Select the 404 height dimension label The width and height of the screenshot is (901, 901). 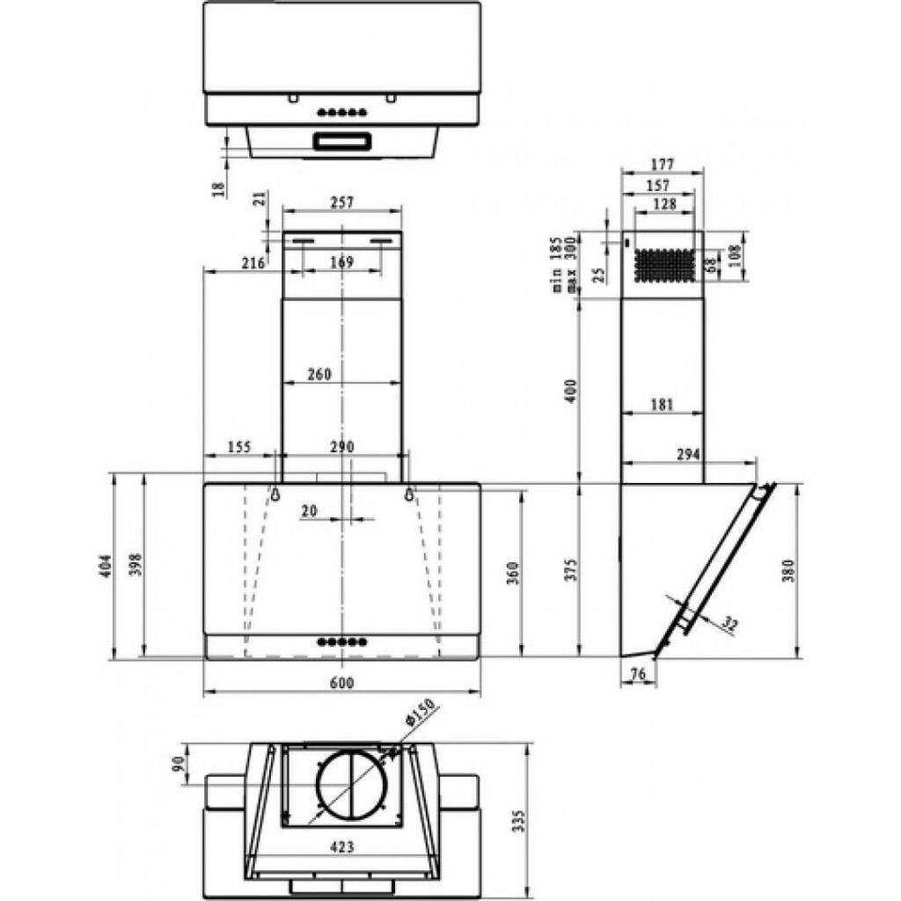(106, 566)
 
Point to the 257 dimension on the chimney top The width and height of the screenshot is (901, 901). (341, 202)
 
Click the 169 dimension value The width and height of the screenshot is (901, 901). (341, 261)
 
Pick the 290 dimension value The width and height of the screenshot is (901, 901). (341, 447)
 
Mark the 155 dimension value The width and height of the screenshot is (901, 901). (238, 447)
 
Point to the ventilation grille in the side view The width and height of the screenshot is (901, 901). (665, 264)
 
